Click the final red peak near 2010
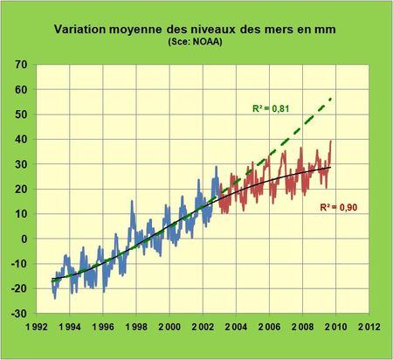[x=331, y=142]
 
